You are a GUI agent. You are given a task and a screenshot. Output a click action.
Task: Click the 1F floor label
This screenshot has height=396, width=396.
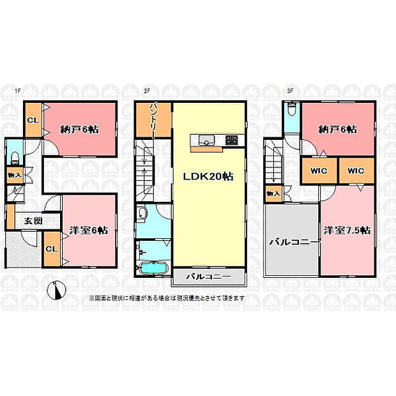(x=17, y=91)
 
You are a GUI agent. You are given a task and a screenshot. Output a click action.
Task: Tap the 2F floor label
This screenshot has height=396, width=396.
(x=147, y=91)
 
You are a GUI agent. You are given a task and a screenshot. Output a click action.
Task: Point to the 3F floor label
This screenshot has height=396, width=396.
(x=290, y=91)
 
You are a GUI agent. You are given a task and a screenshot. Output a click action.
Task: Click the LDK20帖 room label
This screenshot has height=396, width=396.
(x=208, y=176)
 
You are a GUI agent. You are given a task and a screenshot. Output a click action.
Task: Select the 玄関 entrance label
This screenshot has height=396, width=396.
(x=33, y=221)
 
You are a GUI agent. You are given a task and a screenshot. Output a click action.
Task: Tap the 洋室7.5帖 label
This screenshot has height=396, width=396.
(x=347, y=231)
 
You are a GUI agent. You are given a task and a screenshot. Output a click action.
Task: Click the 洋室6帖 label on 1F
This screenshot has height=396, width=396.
(x=89, y=231)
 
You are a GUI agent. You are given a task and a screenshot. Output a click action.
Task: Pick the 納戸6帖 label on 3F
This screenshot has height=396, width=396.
(x=338, y=130)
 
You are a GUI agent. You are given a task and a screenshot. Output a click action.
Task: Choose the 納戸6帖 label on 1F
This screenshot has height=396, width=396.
(x=80, y=130)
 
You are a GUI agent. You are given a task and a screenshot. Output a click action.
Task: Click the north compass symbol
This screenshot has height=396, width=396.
(x=57, y=290)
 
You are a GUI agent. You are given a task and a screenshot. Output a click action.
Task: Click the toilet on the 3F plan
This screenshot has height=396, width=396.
(x=292, y=109)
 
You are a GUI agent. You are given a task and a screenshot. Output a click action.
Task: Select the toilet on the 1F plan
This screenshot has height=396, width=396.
(x=15, y=158)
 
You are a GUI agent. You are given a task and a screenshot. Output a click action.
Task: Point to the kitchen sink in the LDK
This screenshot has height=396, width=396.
(x=206, y=140)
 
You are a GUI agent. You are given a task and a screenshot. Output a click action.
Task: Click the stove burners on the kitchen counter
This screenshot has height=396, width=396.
(x=232, y=140)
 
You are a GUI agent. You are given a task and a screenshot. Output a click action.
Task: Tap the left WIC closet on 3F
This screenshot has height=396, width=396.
(x=319, y=171)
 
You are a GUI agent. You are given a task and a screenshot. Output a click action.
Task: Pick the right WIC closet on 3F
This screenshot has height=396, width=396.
(x=356, y=171)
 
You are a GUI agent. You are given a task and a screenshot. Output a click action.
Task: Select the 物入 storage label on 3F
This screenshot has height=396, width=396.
(x=273, y=194)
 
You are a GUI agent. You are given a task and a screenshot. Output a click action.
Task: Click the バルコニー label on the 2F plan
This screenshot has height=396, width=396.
(x=208, y=277)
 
